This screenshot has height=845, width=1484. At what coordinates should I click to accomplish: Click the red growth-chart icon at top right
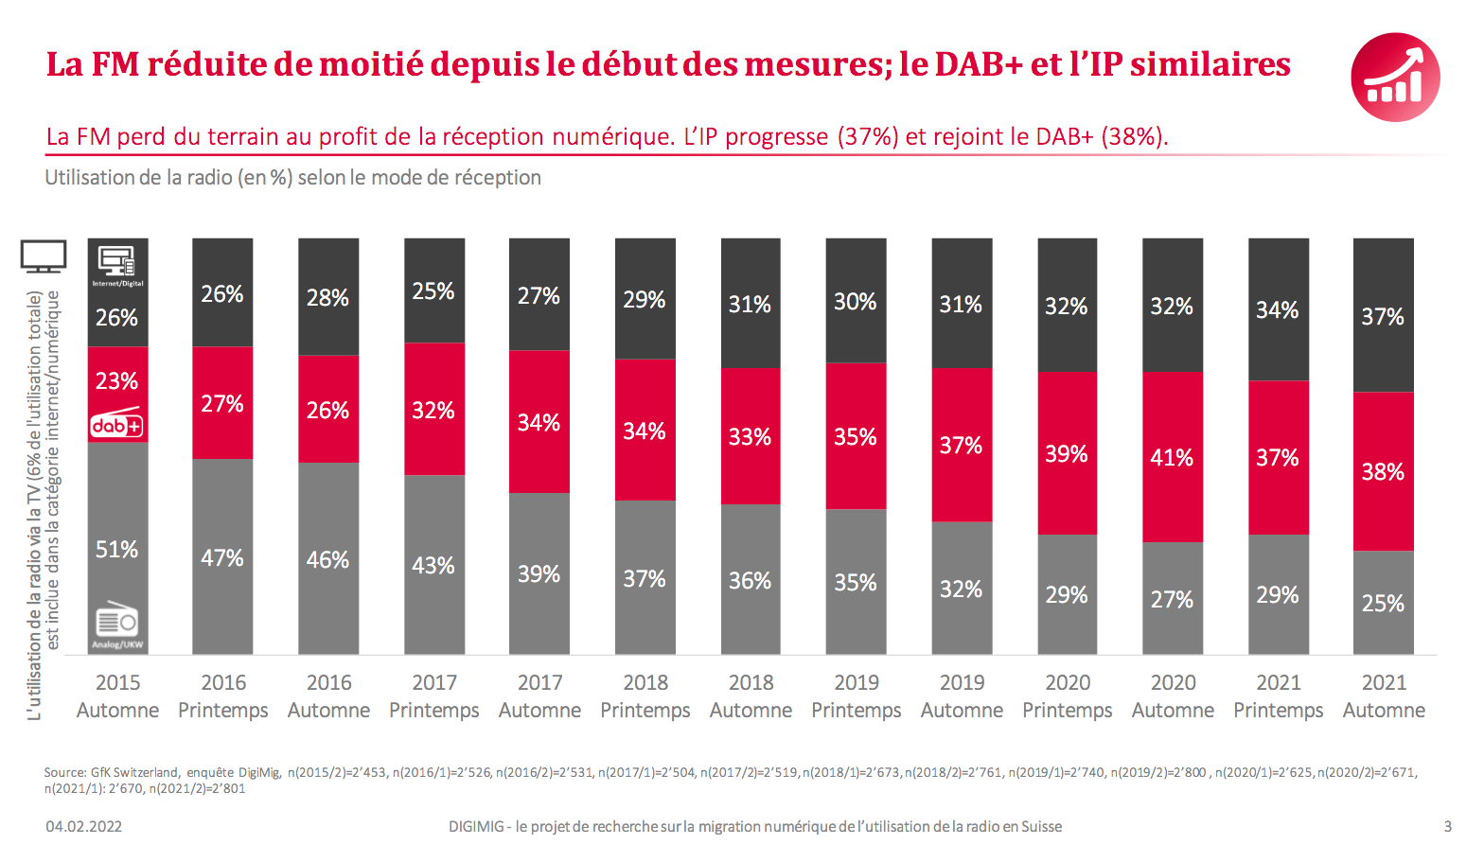1395,78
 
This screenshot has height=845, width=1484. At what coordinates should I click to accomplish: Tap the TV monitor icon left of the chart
44,255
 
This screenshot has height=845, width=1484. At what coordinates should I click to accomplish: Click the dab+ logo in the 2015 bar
116,425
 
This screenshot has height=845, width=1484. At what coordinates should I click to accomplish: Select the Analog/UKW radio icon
117,622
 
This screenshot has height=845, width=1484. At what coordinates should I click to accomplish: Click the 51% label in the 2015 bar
116,550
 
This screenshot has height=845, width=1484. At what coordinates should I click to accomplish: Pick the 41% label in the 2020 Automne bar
1172,458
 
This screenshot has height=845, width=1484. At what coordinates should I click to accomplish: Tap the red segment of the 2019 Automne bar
962,445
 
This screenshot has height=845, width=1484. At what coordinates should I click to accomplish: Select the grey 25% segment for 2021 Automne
1383,603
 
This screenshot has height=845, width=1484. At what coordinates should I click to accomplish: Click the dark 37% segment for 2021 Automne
1383,316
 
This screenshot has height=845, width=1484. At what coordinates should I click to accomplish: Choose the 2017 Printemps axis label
434,696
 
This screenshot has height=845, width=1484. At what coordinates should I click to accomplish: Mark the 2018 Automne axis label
751,696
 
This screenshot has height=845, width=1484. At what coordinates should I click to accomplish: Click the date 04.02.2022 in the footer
84,826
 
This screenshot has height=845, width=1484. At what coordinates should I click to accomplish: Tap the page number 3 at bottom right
1447,826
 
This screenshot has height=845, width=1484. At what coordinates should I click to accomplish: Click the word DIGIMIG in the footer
476,826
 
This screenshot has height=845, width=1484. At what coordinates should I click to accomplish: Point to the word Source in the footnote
63,772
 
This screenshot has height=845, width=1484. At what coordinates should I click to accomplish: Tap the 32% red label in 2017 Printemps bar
433,411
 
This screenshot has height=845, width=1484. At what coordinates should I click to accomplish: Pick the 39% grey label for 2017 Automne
539,574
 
